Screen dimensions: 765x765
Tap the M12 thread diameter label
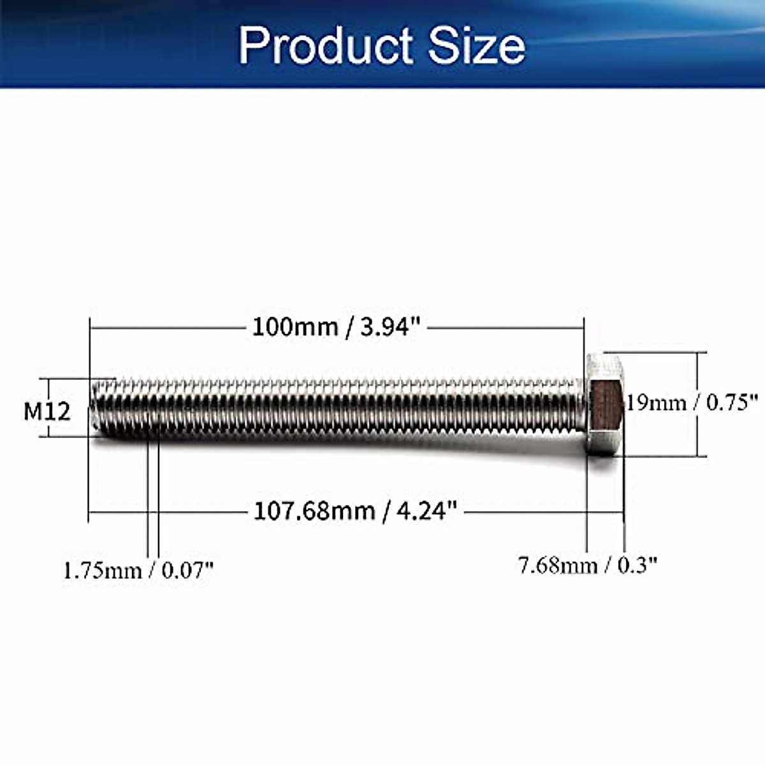(47, 411)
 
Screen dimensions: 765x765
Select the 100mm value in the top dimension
(295, 327)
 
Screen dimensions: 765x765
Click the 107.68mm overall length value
(314, 511)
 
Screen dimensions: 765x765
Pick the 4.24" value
(426, 511)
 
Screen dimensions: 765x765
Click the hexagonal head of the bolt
(605, 404)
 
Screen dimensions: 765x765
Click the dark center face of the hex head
(606, 405)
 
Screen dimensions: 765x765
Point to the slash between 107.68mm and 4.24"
(384, 512)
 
